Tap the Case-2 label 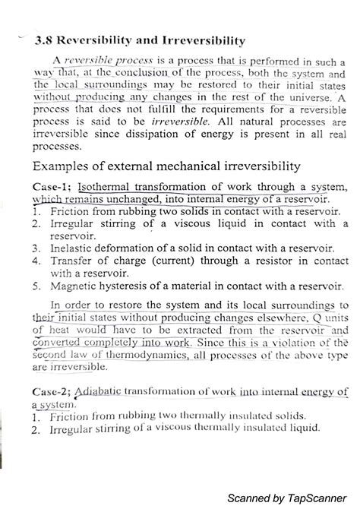(x=50, y=392)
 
